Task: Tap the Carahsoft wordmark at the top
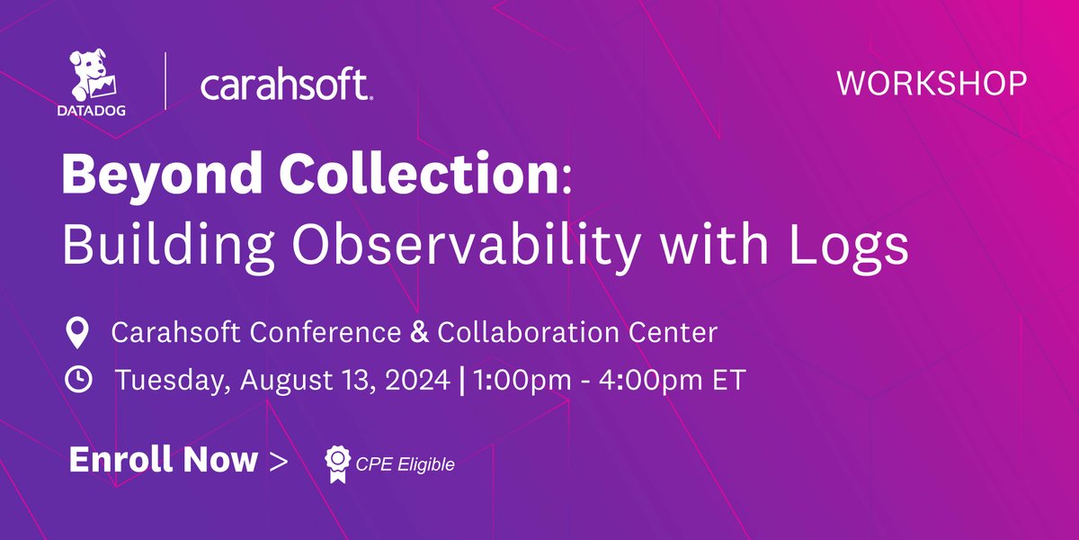286,86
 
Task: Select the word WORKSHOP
932,84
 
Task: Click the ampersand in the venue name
418,333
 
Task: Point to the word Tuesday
171,381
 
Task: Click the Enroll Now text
163,460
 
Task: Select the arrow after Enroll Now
279,461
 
